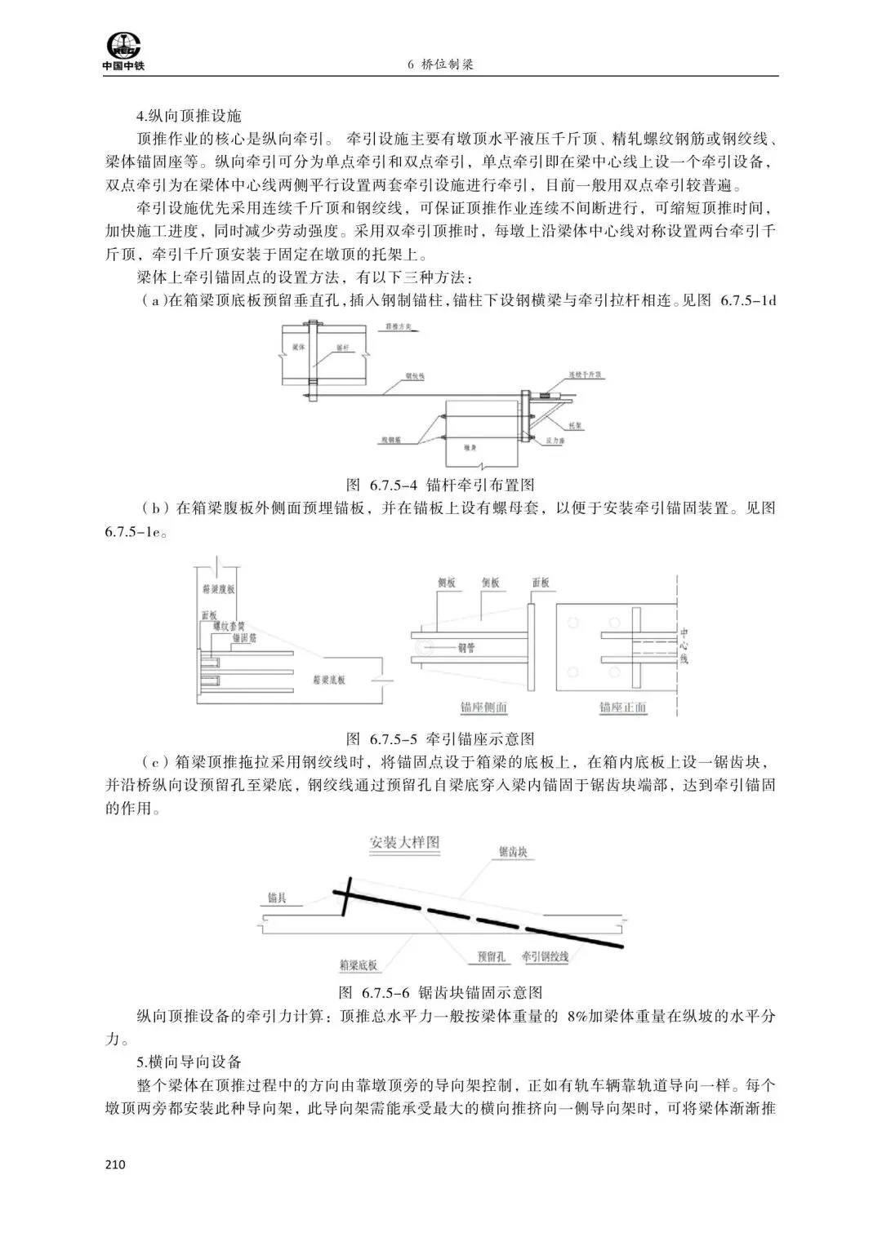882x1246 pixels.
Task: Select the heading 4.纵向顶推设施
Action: tap(189, 117)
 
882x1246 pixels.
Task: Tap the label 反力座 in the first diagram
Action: tap(558, 440)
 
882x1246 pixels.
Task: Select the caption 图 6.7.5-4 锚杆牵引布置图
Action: tap(441, 486)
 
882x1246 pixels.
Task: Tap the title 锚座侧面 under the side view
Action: tap(483, 707)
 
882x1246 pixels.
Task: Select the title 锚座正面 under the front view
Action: tap(622, 707)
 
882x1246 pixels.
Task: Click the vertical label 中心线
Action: tap(684, 645)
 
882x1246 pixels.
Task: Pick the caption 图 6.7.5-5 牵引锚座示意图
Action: tap(441, 739)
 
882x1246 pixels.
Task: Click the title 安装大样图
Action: tap(404, 842)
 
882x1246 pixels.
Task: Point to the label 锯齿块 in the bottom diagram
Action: tap(512, 853)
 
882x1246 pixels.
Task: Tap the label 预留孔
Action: tap(491, 956)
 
